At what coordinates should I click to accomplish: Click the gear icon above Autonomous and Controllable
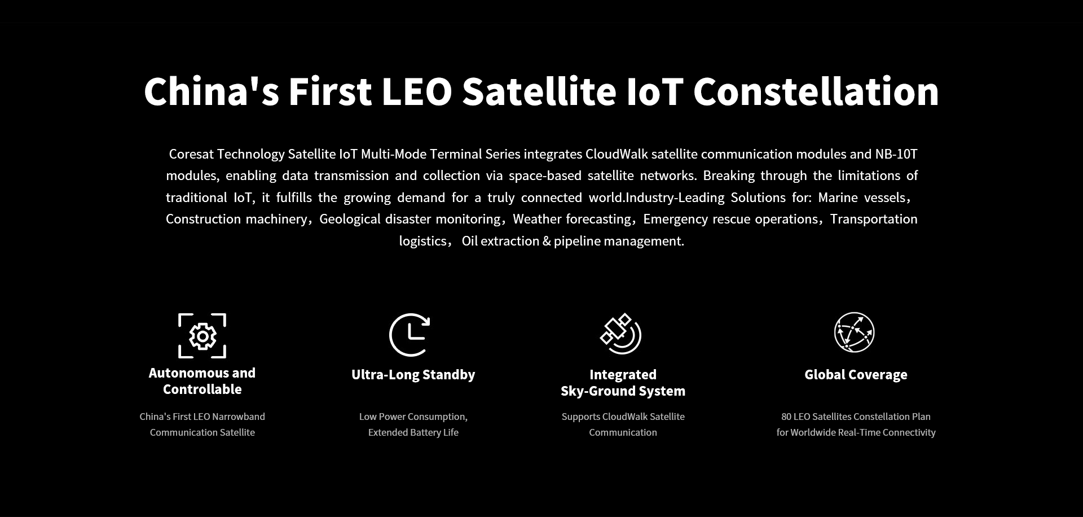click(202, 336)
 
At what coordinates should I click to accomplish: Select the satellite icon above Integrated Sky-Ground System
click(620, 334)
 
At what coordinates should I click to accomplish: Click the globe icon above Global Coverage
click(855, 332)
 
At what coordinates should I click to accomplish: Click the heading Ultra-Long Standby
click(413, 375)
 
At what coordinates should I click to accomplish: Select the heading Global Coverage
click(856, 375)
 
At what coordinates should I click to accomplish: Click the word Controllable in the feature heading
click(202, 389)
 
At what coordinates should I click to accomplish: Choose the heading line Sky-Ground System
click(623, 391)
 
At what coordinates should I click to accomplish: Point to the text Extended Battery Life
click(413, 432)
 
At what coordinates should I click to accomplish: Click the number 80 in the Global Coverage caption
click(786, 417)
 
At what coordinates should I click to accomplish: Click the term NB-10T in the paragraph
click(896, 154)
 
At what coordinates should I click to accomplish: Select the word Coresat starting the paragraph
click(191, 154)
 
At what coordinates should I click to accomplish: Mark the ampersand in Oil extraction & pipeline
click(547, 241)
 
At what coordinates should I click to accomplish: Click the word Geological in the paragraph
click(350, 219)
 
